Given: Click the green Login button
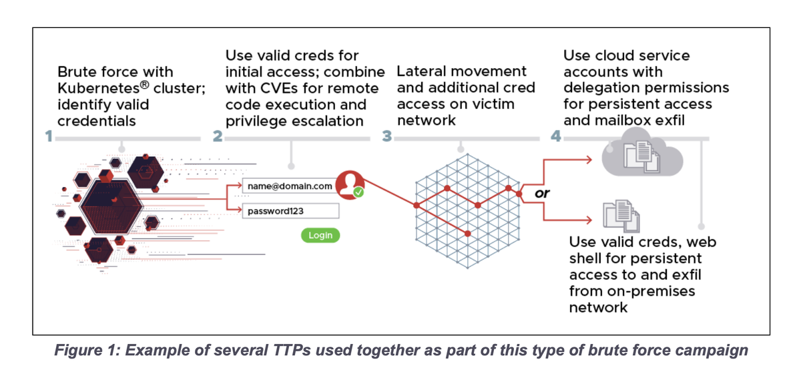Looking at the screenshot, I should tap(320, 235).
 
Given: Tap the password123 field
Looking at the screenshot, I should tap(289, 211).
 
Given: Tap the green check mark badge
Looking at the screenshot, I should tap(358, 192).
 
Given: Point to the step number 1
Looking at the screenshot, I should tap(49, 136).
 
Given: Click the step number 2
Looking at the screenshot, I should tap(217, 136).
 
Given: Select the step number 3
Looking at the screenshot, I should tap(387, 136).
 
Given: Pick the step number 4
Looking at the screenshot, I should tap(555, 136).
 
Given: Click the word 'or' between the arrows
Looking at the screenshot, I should tap(543, 193).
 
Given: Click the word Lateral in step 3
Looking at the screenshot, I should tap(420, 71).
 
